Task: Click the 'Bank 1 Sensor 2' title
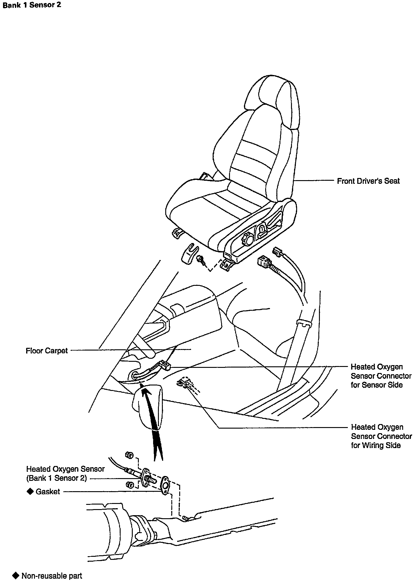click(32, 5)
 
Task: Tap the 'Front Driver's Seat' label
click(368, 181)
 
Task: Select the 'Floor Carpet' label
click(47, 351)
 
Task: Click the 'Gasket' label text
click(48, 491)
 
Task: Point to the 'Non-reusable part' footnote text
click(52, 576)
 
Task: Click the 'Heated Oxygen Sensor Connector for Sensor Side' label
click(381, 376)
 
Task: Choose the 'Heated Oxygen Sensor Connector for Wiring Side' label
click(381, 436)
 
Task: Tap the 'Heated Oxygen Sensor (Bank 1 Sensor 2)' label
click(65, 474)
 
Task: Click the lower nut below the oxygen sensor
click(129, 484)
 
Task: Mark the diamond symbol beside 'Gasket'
click(30, 491)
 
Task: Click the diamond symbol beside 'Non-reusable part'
click(15, 576)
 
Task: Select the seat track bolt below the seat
click(201, 259)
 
